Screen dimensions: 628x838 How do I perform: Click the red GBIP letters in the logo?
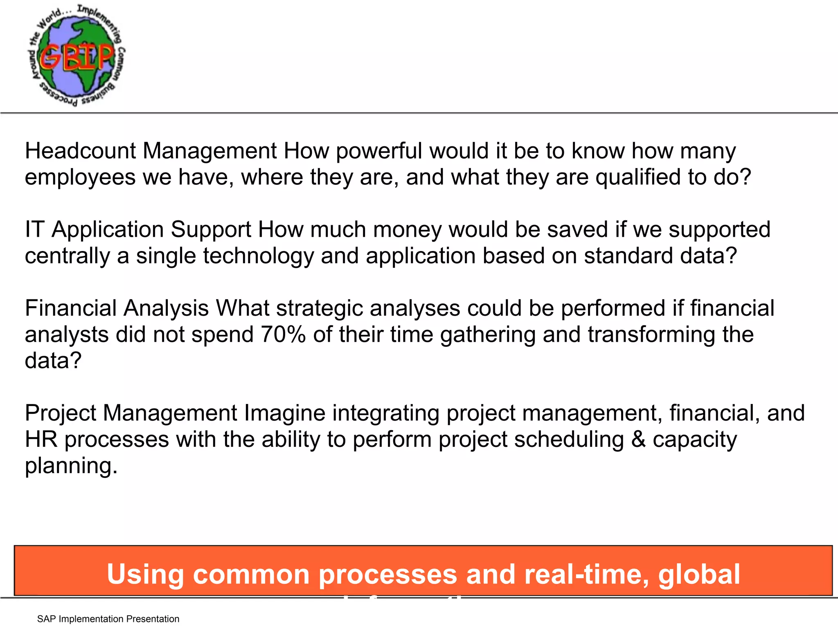pos(77,58)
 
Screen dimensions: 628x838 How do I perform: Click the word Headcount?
pos(80,151)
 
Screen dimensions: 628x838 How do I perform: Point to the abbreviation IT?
pos(34,229)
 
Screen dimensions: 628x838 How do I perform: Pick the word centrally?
pos(67,256)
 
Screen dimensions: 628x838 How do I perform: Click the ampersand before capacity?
pos(638,440)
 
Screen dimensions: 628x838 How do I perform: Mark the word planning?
pos(71,466)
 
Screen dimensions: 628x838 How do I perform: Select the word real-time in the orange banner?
pos(586,574)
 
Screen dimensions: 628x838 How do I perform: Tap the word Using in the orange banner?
pos(145,574)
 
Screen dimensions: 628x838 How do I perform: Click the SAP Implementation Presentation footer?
pos(108,619)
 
